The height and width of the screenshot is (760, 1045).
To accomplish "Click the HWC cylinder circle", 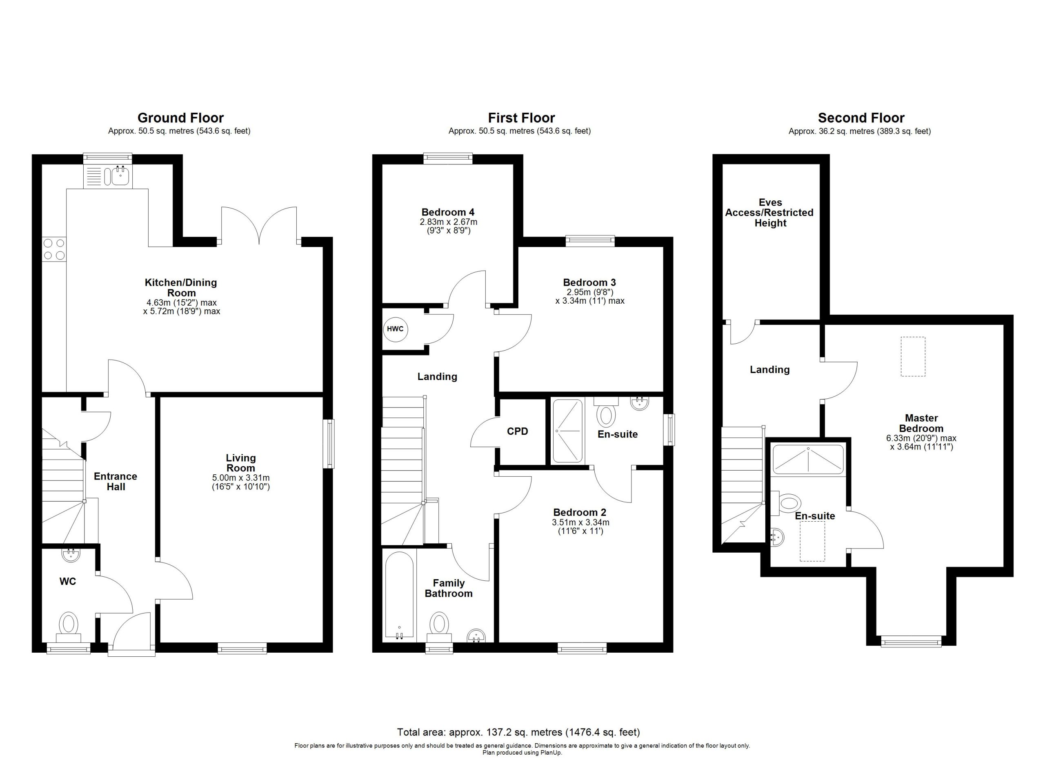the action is pos(395,329).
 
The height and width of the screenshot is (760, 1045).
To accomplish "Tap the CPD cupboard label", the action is pos(518,431).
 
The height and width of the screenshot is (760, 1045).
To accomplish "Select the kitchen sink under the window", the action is pos(108,176).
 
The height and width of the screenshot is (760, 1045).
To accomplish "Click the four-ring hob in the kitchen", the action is pos(54,249).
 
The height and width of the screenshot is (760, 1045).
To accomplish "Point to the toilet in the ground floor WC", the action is pos(69,627).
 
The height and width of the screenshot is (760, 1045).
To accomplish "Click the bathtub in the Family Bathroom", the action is pos(399,596).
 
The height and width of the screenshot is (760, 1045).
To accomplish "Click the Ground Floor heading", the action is pos(180,118).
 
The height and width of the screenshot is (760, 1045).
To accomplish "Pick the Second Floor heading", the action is pos(861,118).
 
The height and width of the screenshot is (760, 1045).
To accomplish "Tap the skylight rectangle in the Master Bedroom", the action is pos(913,356).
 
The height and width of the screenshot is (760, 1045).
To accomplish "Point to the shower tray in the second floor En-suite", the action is pos(808,460).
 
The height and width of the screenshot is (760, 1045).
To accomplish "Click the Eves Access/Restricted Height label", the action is pos(770,213).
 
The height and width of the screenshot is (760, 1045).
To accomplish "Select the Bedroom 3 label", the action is pos(589,282).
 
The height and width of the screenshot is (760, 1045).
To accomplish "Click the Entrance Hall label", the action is pos(116,481).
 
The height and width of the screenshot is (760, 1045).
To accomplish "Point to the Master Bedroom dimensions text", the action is pos(921,442).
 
